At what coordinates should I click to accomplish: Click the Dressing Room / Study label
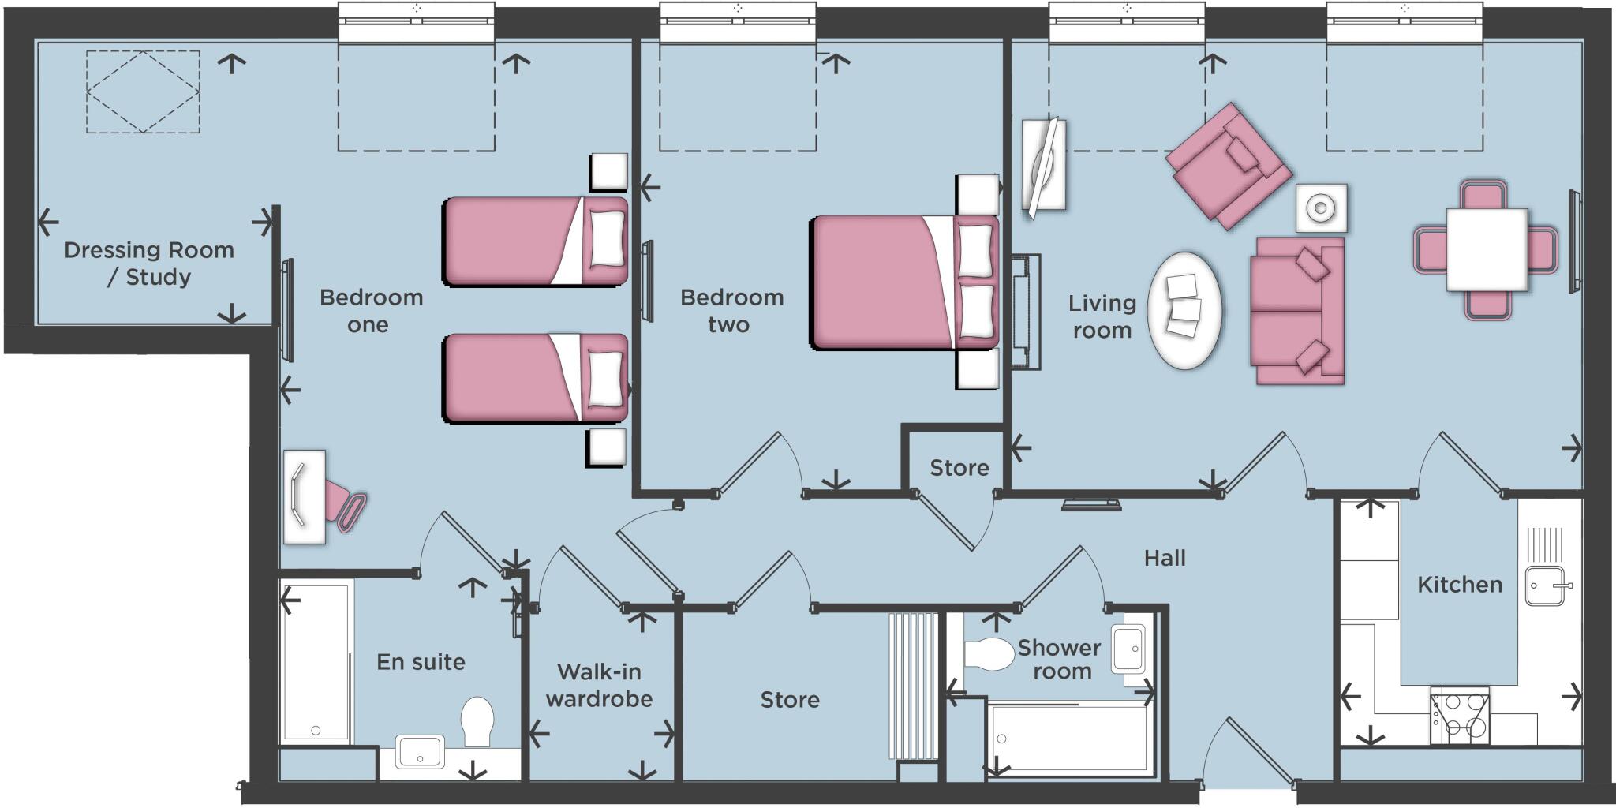pyautogui.click(x=149, y=264)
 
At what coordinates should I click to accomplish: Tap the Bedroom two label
pyautogui.click(x=731, y=311)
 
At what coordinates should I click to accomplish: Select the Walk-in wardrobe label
pyautogui.click(x=599, y=685)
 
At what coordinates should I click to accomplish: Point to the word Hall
pyautogui.click(x=1165, y=559)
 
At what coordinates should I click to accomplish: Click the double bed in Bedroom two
pyautogui.click(x=903, y=282)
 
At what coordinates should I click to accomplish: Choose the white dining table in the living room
pyautogui.click(x=1487, y=249)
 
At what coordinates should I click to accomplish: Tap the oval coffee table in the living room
pyautogui.click(x=1184, y=310)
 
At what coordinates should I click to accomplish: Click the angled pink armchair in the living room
pyautogui.click(x=1228, y=166)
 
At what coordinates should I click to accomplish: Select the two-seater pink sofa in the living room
pyautogui.click(x=1296, y=311)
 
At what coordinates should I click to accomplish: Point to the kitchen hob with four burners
pyautogui.click(x=1460, y=716)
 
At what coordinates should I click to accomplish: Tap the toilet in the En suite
pyautogui.click(x=477, y=720)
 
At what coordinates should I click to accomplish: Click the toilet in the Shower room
pyautogui.click(x=988, y=653)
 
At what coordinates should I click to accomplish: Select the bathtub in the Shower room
pyautogui.click(x=1068, y=739)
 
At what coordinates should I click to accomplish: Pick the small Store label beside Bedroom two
pyautogui.click(x=959, y=468)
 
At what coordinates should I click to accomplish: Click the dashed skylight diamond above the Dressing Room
pyautogui.click(x=143, y=92)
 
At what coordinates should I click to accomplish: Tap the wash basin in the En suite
pyautogui.click(x=420, y=751)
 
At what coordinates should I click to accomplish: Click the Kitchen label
pyautogui.click(x=1459, y=585)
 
